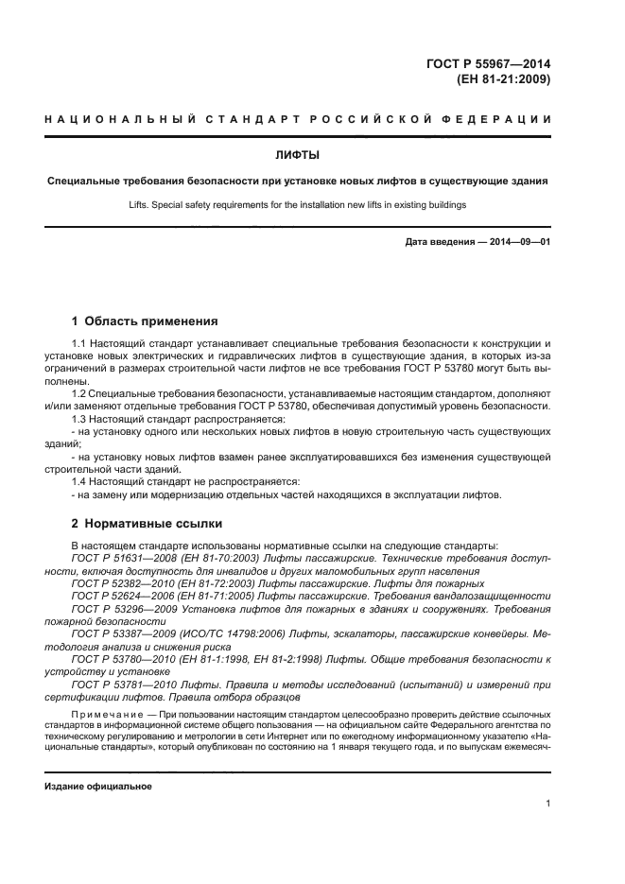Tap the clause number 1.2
pyautogui.click(x=79, y=390)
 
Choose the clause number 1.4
pyautogui.click(x=79, y=480)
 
